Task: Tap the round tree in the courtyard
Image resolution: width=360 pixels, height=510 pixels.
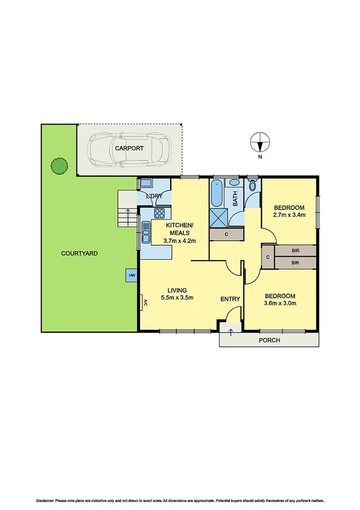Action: (x=58, y=166)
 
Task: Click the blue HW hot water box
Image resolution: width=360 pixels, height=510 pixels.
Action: (x=131, y=275)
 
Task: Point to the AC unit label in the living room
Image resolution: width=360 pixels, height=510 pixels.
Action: (x=144, y=304)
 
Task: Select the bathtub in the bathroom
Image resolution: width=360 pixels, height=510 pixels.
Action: (x=217, y=192)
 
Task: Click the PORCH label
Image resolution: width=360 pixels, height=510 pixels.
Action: (x=269, y=340)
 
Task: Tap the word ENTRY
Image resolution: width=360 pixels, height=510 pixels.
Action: (x=230, y=300)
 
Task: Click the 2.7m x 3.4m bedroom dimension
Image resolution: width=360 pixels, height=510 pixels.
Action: (x=288, y=215)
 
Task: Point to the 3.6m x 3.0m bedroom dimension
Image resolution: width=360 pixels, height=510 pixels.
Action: (x=281, y=303)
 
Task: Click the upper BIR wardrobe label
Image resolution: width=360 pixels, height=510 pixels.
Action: (x=294, y=251)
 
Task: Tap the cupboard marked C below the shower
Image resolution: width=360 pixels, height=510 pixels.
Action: (x=227, y=235)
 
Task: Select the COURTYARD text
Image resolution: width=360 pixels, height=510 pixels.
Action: (x=79, y=253)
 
